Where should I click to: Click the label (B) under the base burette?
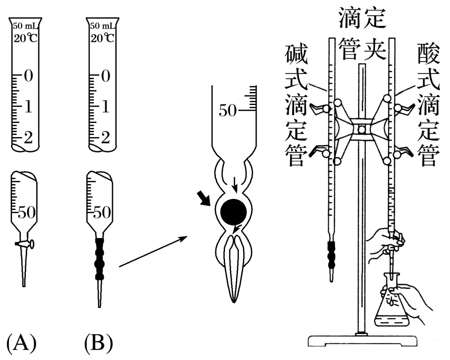98,344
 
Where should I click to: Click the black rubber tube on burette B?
100,258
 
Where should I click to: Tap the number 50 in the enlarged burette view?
227,111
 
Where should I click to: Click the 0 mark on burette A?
28,77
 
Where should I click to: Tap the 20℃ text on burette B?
102,39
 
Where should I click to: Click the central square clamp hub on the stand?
361,130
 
